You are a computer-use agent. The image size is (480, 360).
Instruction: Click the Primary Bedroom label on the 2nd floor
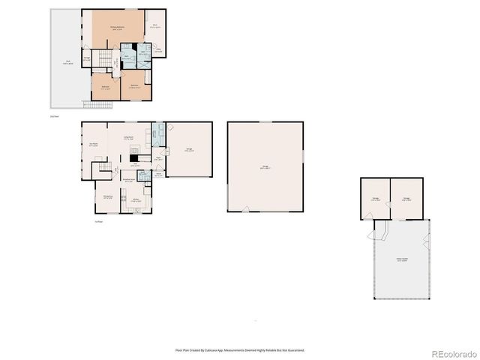pos(117,28)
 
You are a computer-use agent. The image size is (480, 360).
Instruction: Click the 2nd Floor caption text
pos(54,117)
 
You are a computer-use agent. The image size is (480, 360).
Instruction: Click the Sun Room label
pos(94,145)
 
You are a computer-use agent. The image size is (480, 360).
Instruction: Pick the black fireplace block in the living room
pos(133,157)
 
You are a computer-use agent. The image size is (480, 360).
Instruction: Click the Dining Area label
pos(107,197)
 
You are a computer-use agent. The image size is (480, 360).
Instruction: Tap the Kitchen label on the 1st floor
pos(136,199)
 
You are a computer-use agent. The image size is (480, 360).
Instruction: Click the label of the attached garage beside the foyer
pos(189,150)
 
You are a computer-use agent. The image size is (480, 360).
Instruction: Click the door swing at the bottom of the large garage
pos(244,211)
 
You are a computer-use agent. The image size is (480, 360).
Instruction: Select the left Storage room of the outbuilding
pos(375,199)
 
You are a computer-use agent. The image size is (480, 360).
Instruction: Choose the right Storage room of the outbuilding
pos(406,199)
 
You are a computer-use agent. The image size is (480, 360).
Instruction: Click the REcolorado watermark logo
pos(452,353)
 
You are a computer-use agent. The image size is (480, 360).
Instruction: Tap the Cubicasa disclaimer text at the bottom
pos(239,349)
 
